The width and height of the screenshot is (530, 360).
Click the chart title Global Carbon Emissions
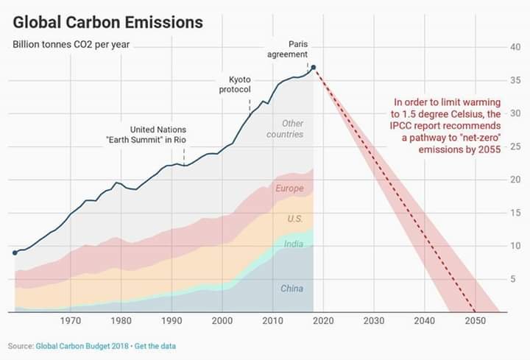(107, 22)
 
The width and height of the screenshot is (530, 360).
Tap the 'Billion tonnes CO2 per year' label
(72, 43)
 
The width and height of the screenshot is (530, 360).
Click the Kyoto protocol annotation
(235, 84)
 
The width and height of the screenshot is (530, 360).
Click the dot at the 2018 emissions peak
(314, 68)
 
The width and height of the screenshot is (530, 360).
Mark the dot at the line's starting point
(15, 253)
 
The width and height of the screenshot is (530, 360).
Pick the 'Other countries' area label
(285, 129)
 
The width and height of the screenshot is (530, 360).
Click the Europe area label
(289, 188)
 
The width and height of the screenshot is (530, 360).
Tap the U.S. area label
(294, 219)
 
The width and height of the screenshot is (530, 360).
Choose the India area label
(294, 244)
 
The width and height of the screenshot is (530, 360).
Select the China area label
(291, 289)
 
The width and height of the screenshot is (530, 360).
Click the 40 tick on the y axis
(515, 47)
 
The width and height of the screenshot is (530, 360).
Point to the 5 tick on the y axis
(515, 278)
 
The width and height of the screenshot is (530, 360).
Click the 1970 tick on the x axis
(71, 320)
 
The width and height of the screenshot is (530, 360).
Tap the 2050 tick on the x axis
(475, 320)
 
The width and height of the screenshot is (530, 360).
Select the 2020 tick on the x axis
(323, 320)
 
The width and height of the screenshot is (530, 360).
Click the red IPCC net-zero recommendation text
(446, 125)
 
